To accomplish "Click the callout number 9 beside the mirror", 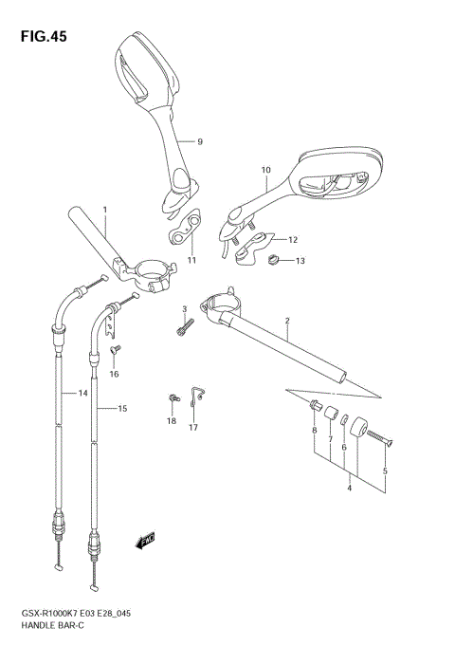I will [x=200, y=141].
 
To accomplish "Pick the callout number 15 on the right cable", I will [x=121, y=408].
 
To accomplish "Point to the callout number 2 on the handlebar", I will [x=285, y=321].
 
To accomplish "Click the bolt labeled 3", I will [x=185, y=326].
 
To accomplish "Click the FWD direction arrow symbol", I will [x=146, y=541].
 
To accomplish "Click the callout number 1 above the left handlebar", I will [x=104, y=209].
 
